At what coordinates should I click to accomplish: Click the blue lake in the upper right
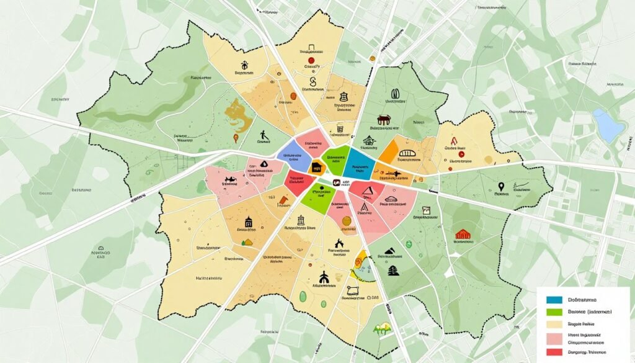[x=608, y=125]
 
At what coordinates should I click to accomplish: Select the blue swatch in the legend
[x=554, y=300]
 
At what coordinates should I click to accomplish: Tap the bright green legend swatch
[x=554, y=312]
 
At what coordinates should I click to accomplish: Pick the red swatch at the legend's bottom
[x=554, y=351]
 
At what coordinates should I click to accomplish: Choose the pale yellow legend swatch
[x=554, y=325]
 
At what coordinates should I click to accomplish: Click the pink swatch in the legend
[x=554, y=338]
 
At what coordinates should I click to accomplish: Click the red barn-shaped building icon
[x=463, y=235]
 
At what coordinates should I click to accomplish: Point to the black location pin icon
[x=500, y=186]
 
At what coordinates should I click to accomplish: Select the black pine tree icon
[x=392, y=269]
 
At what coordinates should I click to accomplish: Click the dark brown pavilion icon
[x=383, y=119]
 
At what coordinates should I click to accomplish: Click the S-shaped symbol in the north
[x=313, y=82]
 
